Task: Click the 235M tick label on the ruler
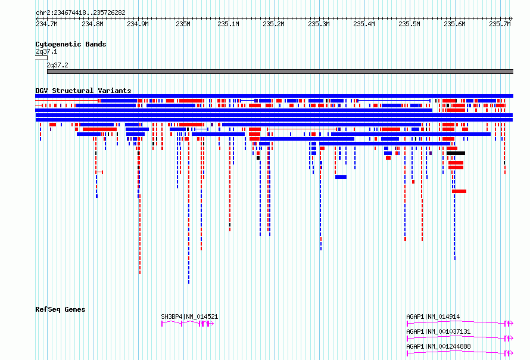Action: click(x=183, y=24)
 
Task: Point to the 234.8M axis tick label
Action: click(x=92, y=24)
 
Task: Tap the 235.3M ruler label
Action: click(x=319, y=24)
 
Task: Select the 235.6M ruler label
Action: click(x=454, y=24)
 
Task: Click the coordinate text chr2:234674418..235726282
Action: click(x=80, y=13)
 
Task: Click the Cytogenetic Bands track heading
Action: click(x=71, y=44)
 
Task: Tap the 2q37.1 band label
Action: click(x=46, y=51)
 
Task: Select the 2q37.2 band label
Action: click(x=57, y=65)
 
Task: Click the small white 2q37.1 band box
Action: click(x=41, y=58)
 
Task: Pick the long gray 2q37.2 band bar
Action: click(x=280, y=72)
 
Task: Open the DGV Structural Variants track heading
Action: click(x=83, y=91)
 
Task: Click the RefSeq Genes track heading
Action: click(x=60, y=309)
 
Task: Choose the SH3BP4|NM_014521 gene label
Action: click(x=189, y=316)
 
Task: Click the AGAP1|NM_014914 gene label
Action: click(x=433, y=316)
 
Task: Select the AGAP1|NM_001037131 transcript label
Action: click(x=438, y=331)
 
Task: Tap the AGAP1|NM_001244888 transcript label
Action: click(x=438, y=346)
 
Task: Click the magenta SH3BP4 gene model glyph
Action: click(x=188, y=324)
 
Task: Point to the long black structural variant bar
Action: click(x=456, y=153)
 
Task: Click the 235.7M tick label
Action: click(x=500, y=24)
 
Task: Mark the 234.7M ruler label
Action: click(x=46, y=24)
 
